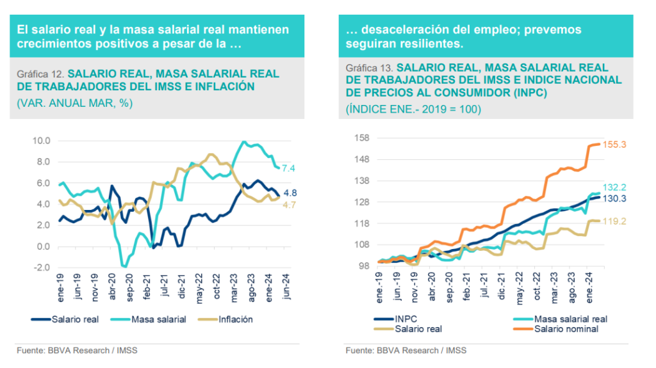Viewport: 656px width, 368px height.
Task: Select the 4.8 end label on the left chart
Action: pyautogui.click(x=290, y=193)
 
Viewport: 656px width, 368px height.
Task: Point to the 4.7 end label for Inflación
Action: pyautogui.click(x=290, y=205)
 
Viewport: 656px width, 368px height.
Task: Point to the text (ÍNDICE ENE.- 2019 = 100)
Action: pyautogui.click(x=413, y=109)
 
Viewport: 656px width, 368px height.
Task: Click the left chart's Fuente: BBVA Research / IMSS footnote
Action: pyautogui.click(x=77, y=351)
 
